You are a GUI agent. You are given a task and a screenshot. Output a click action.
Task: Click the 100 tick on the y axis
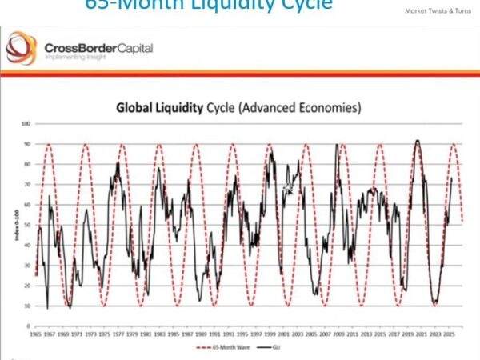coord(26,124)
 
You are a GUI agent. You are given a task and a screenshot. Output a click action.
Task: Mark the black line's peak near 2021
coord(417,141)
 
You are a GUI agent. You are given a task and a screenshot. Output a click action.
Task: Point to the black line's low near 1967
coord(47,308)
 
